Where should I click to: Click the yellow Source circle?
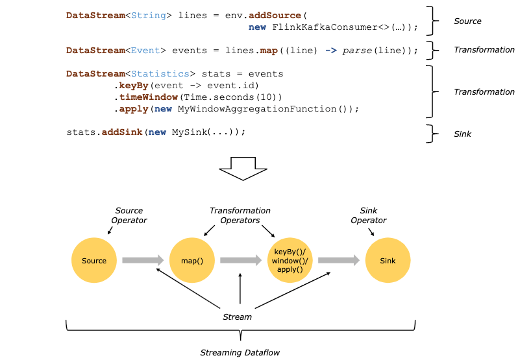pos(94,261)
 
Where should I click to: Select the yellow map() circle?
pos(191,261)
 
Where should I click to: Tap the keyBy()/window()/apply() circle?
pos(289,261)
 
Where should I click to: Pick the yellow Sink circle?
pos(388,261)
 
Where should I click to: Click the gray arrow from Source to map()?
pos(143,260)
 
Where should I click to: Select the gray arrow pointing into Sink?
pos(338,260)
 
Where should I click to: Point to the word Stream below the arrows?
pos(238,317)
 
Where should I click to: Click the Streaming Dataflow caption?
pos(240,352)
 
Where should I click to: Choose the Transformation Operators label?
pos(240,215)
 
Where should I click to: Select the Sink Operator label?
pos(369,215)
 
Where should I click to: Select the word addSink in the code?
pos(123,132)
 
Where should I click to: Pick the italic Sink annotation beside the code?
pos(462,134)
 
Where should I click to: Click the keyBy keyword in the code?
pos(134,86)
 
